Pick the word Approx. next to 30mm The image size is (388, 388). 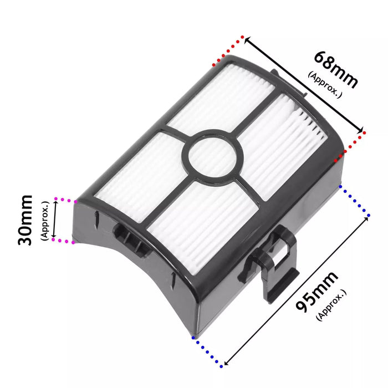point(45,220)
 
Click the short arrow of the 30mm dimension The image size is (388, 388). point(54,220)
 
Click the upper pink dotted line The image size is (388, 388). point(65,199)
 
